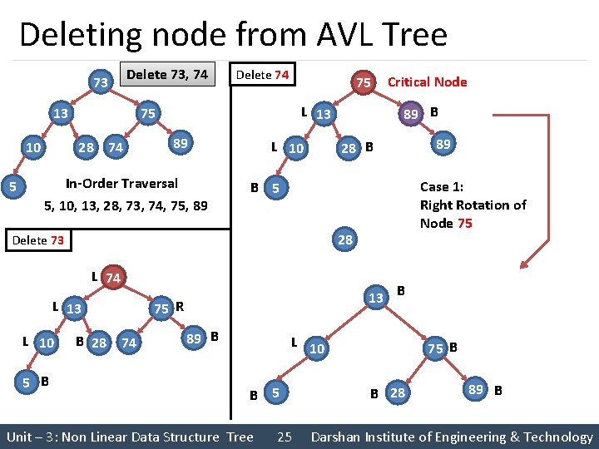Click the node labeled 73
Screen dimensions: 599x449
tap(100, 83)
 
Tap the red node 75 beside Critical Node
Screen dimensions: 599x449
tap(364, 82)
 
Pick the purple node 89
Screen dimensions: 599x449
tap(410, 113)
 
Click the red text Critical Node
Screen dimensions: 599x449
tap(427, 81)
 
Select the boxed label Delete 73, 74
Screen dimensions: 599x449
tap(167, 74)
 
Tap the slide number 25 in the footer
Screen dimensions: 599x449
tap(284, 437)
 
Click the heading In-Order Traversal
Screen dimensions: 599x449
tap(121, 183)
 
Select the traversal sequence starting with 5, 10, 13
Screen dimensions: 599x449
tap(125, 205)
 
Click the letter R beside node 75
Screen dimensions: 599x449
tap(179, 307)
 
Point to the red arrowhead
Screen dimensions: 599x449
tap(523, 266)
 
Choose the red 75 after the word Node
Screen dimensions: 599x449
tap(464, 223)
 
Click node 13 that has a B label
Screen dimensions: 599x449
tap(376, 298)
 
